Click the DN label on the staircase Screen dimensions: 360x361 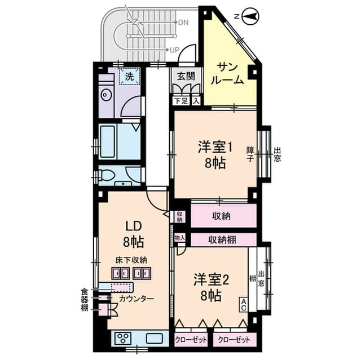(183, 23)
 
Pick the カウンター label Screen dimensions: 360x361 (136, 298)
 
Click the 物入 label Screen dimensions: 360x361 (180, 239)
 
